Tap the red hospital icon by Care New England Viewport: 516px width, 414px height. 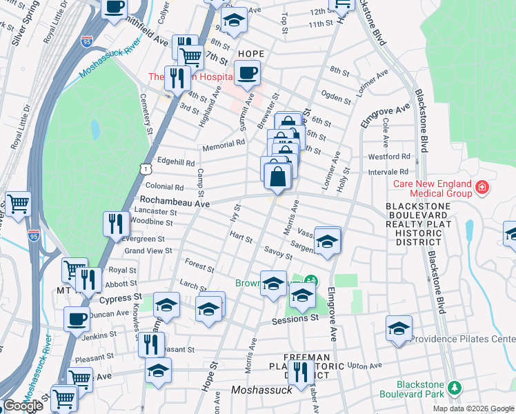[482, 187]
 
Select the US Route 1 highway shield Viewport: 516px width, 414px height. [145, 168]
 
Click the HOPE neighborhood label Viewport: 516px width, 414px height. [251, 54]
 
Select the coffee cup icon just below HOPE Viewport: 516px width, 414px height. [247, 72]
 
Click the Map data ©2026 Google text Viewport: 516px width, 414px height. [473, 408]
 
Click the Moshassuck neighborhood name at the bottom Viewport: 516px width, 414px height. [262, 389]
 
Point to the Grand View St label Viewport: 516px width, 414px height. [148, 250]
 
